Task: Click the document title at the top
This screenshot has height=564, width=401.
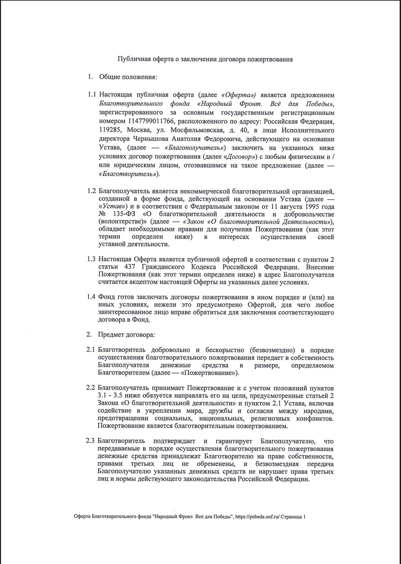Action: [x=205, y=59]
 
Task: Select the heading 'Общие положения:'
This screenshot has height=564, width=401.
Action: [x=128, y=77]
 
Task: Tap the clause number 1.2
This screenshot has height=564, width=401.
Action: [x=92, y=191]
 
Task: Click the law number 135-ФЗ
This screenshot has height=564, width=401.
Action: [x=122, y=214]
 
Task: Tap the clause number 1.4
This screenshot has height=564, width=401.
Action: [x=92, y=297]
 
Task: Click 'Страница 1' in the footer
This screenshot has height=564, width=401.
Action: [x=293, y=517]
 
